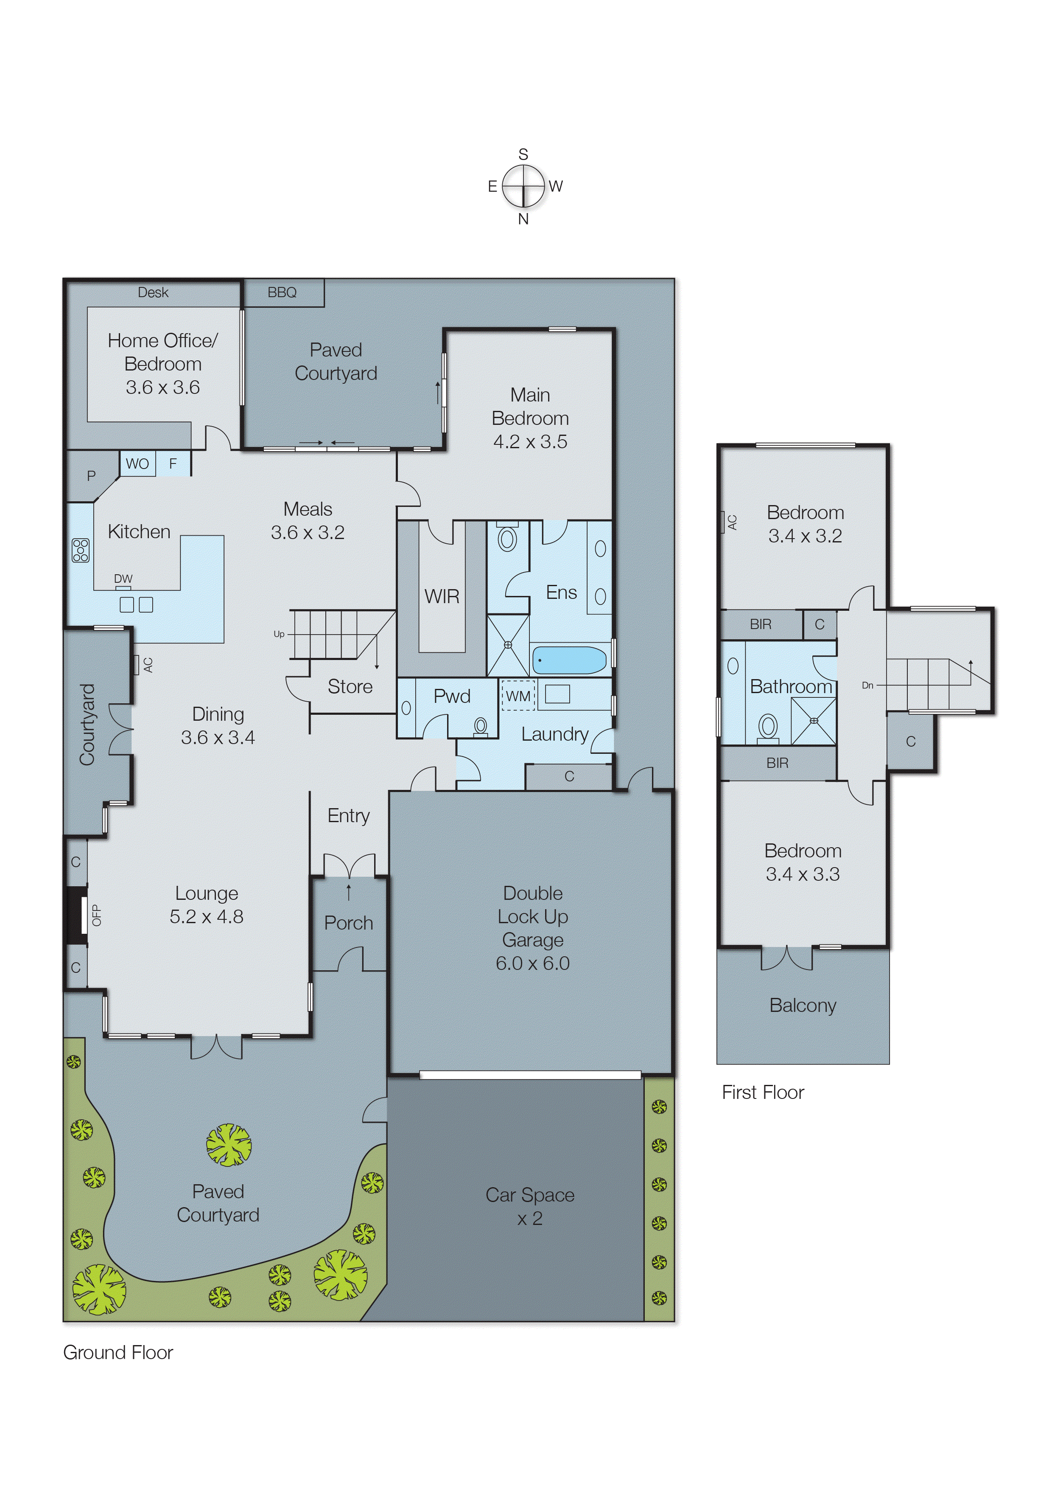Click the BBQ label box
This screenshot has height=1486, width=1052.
coord(283,293)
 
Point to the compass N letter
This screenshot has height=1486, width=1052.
coord(523,219)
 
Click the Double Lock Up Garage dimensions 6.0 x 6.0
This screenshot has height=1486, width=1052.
coord(532,964)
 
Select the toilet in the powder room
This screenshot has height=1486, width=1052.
coord(480,726)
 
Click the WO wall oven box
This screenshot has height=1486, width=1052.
coord(137,464)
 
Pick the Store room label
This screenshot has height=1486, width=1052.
coord(350,686)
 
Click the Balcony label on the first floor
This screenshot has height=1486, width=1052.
coord(803,1005)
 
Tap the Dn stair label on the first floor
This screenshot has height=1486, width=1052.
coord(867,685)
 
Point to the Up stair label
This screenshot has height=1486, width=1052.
coord(279,634)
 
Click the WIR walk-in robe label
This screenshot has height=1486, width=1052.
coord(442,596)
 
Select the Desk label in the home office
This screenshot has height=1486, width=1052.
coord(153,293)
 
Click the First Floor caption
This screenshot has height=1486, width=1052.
coord(762,1093)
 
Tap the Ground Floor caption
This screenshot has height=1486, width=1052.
coord(118,1352)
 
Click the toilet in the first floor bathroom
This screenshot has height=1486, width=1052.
coord(768,728)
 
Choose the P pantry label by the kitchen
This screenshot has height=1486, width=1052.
coord(91,476)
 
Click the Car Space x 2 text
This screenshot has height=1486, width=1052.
coord(530,1206)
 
